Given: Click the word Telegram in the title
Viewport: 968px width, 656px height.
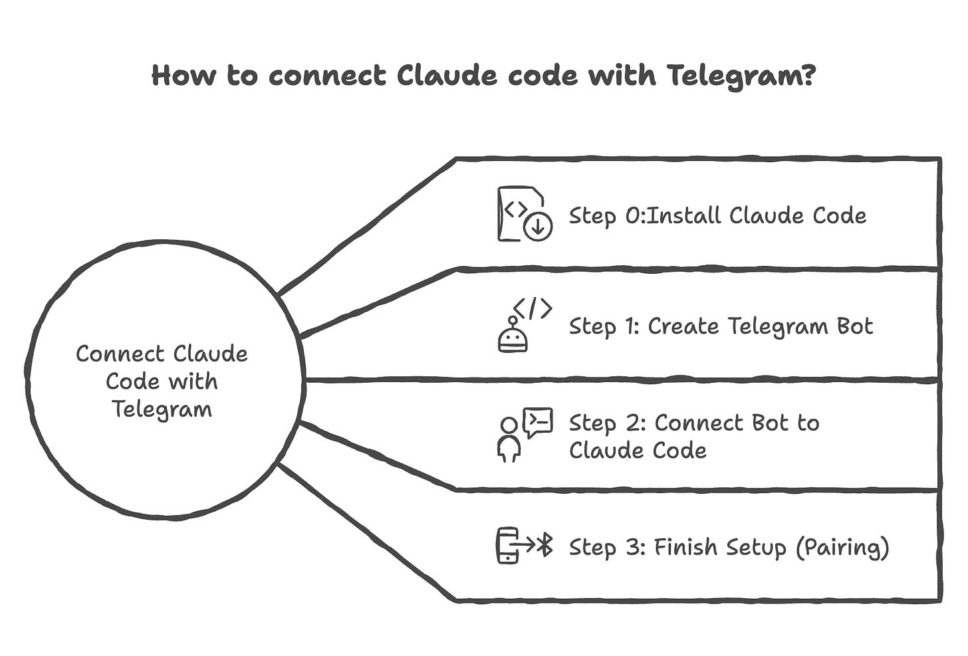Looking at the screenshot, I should click(x=735, y=76).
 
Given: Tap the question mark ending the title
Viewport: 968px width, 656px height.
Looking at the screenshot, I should click(x=808, y=75).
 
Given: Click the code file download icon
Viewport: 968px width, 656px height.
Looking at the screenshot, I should click(x=524, y=214).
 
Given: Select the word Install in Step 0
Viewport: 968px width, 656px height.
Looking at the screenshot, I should click(x=683, y=215).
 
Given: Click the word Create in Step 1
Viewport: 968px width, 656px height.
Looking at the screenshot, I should click(x=683, y=326).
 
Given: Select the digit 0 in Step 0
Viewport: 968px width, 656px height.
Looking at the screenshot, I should click(x=633, y=216).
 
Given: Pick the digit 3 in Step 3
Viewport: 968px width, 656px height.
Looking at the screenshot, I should click(x=632, y=548).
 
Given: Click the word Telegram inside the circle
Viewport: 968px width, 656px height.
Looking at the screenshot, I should click(x=162, y=409).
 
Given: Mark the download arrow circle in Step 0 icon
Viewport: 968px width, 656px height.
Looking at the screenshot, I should click(x=538, y=227).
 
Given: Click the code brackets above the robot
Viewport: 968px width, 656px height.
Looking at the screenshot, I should click(x=533, y=308).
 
